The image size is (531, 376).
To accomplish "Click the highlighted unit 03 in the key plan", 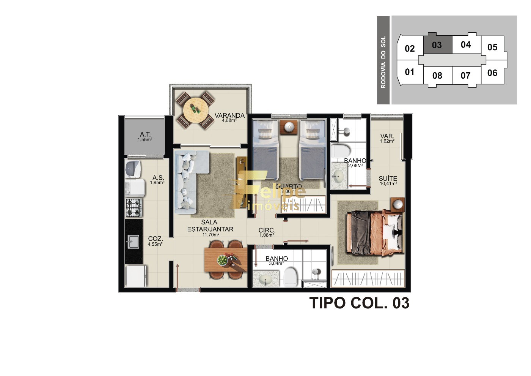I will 437,44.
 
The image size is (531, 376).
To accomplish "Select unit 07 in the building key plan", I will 465,76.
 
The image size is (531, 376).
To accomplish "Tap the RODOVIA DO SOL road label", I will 383,62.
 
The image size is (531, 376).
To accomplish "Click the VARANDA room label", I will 229,116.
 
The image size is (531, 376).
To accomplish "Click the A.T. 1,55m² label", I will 145,136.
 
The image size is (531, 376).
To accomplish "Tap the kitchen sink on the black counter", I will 133,241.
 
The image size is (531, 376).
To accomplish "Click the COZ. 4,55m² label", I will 156,241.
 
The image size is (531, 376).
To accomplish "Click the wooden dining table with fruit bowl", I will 225,260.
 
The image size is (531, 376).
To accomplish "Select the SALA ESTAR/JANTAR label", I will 210,226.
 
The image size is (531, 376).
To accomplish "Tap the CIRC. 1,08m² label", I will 267,232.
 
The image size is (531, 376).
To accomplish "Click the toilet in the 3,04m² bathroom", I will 291,276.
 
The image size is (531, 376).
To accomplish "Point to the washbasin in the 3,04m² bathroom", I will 265,280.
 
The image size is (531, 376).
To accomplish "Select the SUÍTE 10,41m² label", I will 388,180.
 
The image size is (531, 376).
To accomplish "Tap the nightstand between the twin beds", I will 289,127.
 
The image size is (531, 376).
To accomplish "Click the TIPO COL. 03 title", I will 359,303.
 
